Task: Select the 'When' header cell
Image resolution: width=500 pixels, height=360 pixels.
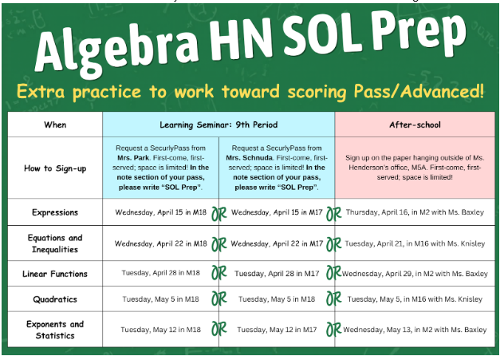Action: [56, 125]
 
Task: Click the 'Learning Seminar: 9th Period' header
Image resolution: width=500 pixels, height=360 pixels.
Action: [219, 125]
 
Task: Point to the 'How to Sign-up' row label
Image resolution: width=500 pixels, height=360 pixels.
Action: [56, 168]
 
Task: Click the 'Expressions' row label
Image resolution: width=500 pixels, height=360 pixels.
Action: [56, 213]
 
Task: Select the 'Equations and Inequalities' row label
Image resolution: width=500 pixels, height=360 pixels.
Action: [56, 243]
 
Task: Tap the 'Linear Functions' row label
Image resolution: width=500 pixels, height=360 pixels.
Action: [56, 273]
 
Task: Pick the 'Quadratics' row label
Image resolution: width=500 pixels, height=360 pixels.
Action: [56, 299]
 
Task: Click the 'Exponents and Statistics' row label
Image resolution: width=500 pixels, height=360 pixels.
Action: [56, 330]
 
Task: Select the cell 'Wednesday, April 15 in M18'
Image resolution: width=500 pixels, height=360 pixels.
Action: [159, 213]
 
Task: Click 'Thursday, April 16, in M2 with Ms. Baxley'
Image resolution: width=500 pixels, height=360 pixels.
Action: [415, 213]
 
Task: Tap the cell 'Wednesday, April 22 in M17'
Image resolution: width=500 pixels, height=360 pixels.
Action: [277, 243]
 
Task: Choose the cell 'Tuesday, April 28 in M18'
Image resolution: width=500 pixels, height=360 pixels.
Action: [159, 273]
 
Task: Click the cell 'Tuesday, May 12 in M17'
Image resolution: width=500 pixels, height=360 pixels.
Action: [277, 330]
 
